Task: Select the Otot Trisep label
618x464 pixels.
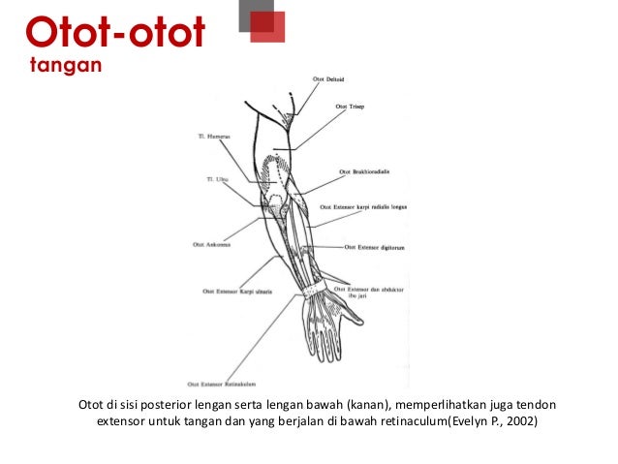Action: (x=349, y=107)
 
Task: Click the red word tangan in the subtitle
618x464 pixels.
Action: (x=64, y=65)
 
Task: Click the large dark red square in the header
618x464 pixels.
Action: (x=268, y=28)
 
